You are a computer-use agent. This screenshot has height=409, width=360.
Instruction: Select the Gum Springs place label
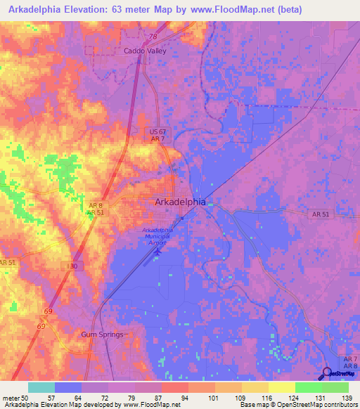(103, 335)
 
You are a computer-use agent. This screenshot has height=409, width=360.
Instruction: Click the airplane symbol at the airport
(159, 249)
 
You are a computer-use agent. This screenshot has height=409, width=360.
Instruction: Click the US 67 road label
(157, 131)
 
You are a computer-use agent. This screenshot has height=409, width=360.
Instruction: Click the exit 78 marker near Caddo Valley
(153, 37)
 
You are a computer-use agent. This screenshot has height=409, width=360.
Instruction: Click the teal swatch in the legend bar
(41, 387)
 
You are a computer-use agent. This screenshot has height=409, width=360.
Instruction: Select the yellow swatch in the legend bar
(282, 387)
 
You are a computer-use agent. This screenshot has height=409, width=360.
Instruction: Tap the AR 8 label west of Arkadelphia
(96, 204)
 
